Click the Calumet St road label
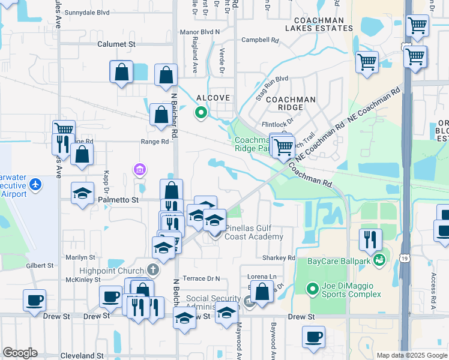pos(116,44)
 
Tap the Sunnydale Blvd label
pos(87,12)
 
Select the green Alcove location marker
pos(200,112)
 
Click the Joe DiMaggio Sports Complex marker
pos(312,289)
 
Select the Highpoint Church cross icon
pos(153,269)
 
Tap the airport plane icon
pos(35,184)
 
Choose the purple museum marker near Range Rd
pos(140,170)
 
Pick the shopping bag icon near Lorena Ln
pos(262,292)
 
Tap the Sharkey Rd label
pos(279,257)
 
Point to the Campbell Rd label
pos(261,41)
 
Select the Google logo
pos(20,353)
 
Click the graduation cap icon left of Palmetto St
pos(82,193)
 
